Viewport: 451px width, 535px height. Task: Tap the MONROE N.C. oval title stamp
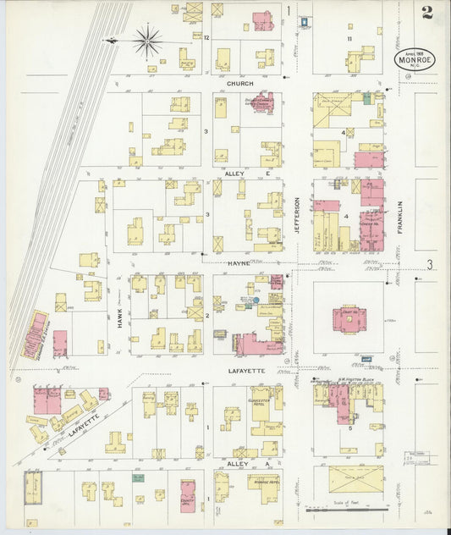click(415, 58)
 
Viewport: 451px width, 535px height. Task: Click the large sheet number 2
click(427, 14)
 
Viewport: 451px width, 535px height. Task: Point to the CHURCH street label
click(241, 84)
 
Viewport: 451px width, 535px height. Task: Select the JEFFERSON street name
click(297, 215)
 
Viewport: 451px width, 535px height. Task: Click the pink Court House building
click(349, 319)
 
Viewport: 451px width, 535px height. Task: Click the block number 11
click(348, 39)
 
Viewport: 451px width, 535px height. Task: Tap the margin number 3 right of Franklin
click(429, 265)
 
